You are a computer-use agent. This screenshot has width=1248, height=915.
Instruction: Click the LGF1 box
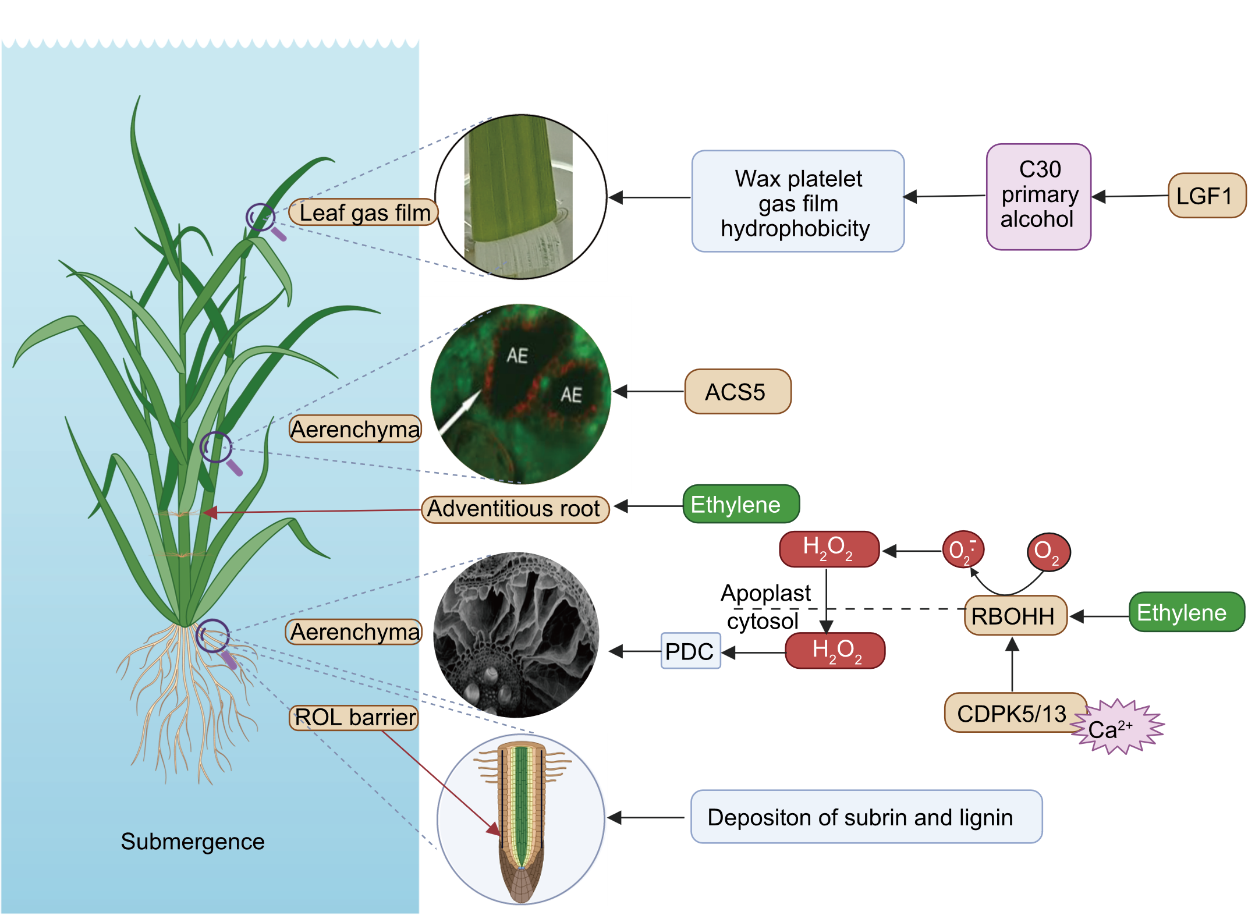[x=1206, y=196]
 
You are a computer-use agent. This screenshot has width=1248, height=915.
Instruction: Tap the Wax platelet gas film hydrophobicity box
[x=797, y=202]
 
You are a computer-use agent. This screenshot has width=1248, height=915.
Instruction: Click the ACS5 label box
[x=738, y=392]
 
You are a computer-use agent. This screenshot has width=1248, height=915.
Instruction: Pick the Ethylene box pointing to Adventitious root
[x=740, y=505]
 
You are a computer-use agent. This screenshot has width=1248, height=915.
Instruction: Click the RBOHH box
[x=1015, y=616]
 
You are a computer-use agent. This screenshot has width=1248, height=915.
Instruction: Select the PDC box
[x=690, y=651]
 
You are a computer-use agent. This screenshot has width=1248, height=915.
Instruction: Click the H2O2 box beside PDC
[x=835, y=651]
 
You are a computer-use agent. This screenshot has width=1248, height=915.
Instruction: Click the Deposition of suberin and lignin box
[x=866, y=817]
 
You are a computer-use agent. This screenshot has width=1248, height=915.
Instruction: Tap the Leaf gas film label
[x=364, y=212]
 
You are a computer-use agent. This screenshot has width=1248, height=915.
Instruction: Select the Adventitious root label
[x=515, y=509]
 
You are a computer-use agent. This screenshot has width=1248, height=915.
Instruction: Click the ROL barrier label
[x=354, y=718]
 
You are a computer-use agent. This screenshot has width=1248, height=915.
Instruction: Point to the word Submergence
[x=193, y=842]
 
